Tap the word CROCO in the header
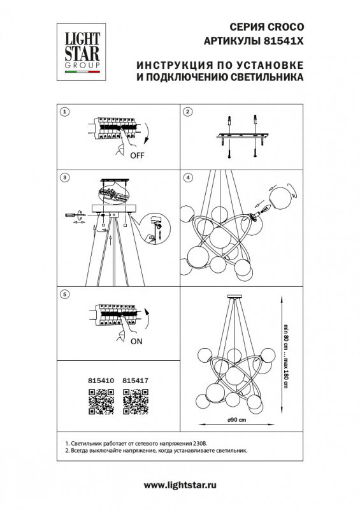(x=285, y=27)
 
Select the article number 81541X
(x=284, y=40)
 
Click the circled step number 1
(x=64, y=112)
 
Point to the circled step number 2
(x=187, y=112)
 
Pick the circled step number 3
(x=64, y=176)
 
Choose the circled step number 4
(x=187, y=176)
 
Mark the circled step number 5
(x=64, y=295)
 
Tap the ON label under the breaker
(x=136, y=341)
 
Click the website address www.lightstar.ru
(x=180, y=486)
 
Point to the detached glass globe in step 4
(x=280, y=196)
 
